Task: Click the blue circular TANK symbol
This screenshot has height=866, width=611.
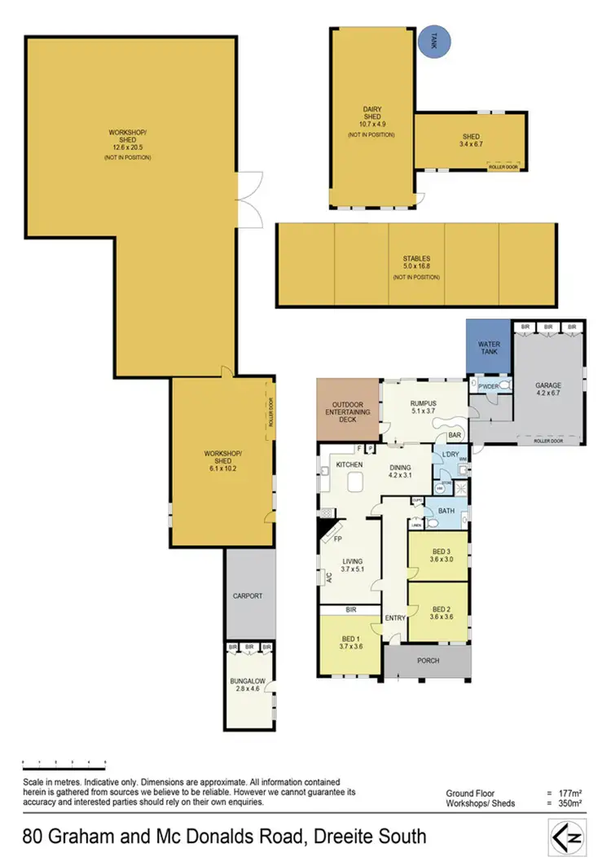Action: point(435,42)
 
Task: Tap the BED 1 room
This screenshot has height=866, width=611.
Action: point(349,646)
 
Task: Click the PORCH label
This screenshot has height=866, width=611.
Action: point(427,661)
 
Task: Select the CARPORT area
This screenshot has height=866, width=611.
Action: point(248,596)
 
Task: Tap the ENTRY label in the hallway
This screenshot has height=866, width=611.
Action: point(395,618)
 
